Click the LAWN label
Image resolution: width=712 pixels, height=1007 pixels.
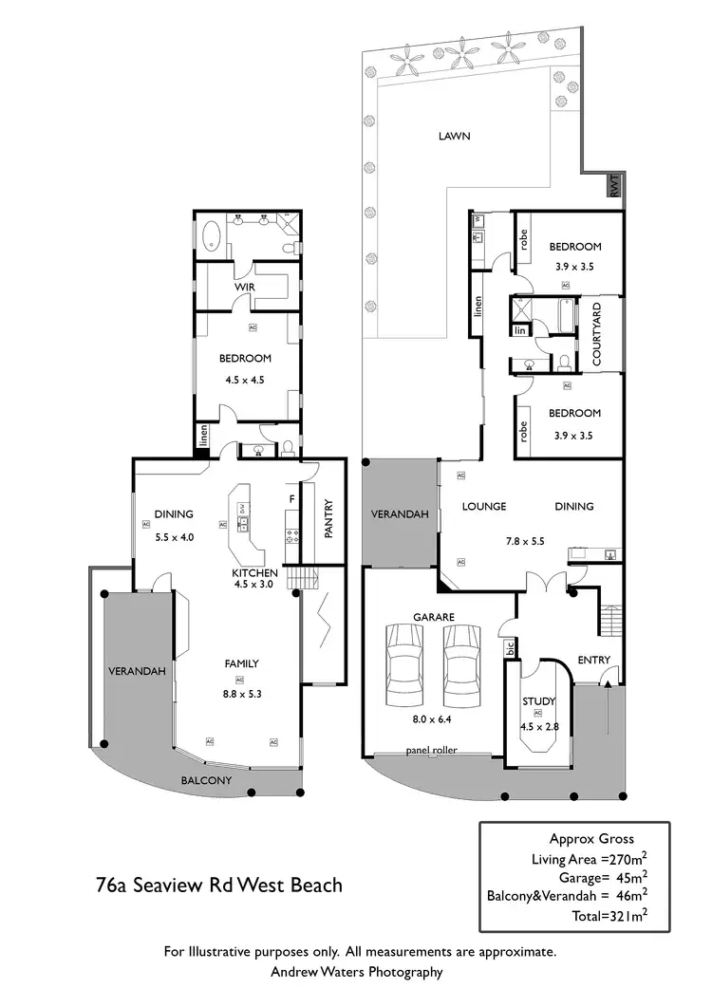454,136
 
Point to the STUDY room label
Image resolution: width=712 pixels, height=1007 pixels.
537,701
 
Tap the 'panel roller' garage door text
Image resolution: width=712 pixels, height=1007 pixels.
431,750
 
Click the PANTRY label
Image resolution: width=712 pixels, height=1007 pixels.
328,519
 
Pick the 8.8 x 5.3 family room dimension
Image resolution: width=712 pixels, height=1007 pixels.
240,694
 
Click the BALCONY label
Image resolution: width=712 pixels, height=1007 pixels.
206,780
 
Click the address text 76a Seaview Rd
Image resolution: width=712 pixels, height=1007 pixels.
219,886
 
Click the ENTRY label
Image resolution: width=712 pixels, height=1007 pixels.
593,661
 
